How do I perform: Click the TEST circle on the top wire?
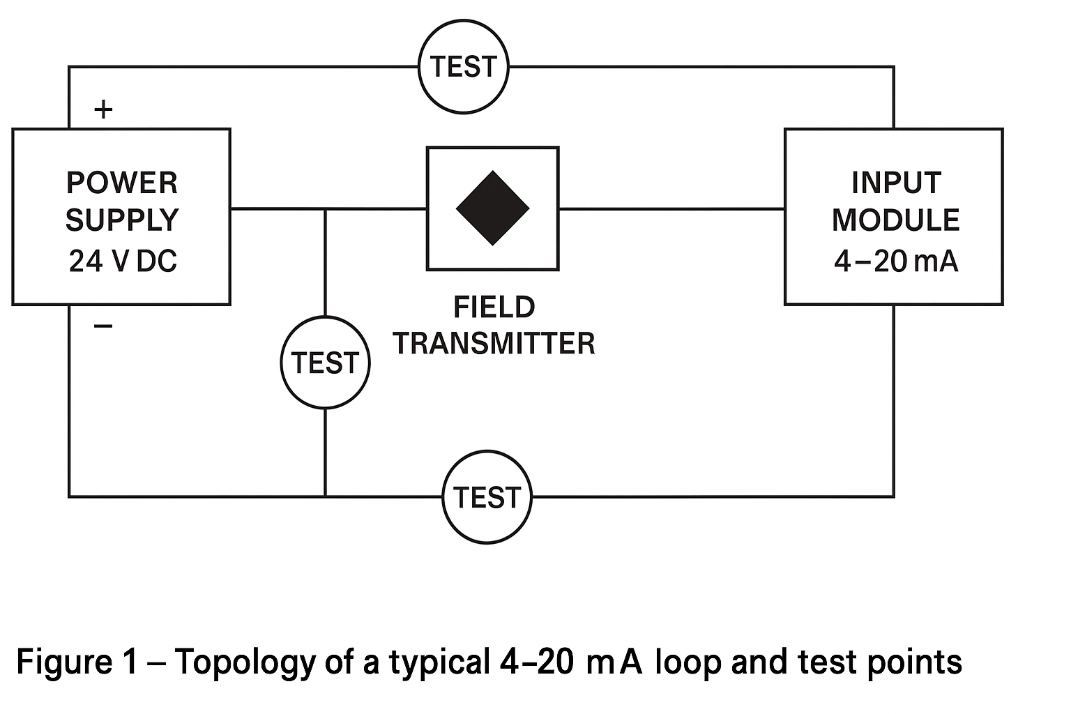coord(464,67)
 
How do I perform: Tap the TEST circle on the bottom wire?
coord(487,497)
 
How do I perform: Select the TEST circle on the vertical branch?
coord(325,363)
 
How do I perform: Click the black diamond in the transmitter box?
coord(492,208)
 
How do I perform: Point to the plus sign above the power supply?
coord(103,109)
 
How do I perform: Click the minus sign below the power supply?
coord(103,326)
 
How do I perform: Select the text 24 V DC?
coord(123,261)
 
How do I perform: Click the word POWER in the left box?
coord(122,183)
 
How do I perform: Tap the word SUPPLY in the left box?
coord(122,220)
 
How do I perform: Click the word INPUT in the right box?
coord(896,183)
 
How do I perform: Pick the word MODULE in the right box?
coord(896,220)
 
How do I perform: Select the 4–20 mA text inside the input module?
coord(896,261)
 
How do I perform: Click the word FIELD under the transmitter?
coord(494,307)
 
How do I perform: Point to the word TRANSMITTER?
coord(494,344)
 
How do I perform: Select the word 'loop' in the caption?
coord(688,662)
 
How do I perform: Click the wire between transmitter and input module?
coord(671,208)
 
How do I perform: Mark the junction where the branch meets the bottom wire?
coord(325,496)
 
